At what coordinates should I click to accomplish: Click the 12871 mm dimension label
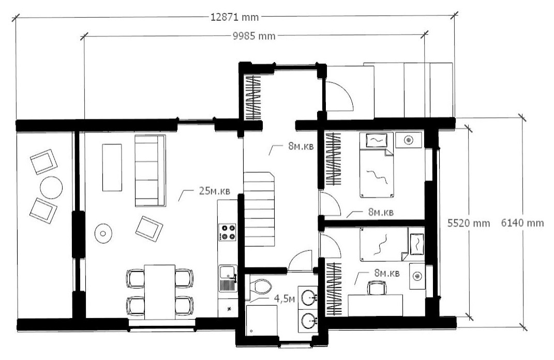click(x=235, y=17)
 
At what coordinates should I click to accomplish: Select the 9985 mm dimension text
click(x=254, y=36)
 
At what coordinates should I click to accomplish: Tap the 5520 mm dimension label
click(x=469, y=223)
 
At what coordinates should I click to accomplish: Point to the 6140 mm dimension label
click(x=522, y=223)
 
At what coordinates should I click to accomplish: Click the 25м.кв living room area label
click(x=215, y=191)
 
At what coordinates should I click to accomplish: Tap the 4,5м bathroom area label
click(x=285, y=299)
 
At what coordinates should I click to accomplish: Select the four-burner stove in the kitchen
click(x=228, y=232)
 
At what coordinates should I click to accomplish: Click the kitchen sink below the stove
click(x=228, y=278)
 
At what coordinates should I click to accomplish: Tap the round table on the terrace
click(x=51, y=187)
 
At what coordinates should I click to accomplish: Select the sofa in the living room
click(x=150, y=171)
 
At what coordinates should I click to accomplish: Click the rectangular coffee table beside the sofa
click(x=112, y=167)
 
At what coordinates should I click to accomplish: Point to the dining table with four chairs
click(x=160, y=292)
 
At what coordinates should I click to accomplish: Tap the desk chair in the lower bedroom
click(x=377, y=288)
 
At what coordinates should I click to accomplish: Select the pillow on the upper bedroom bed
click(x=377, y=140)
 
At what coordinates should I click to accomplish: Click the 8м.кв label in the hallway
click(x=301, y=146)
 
